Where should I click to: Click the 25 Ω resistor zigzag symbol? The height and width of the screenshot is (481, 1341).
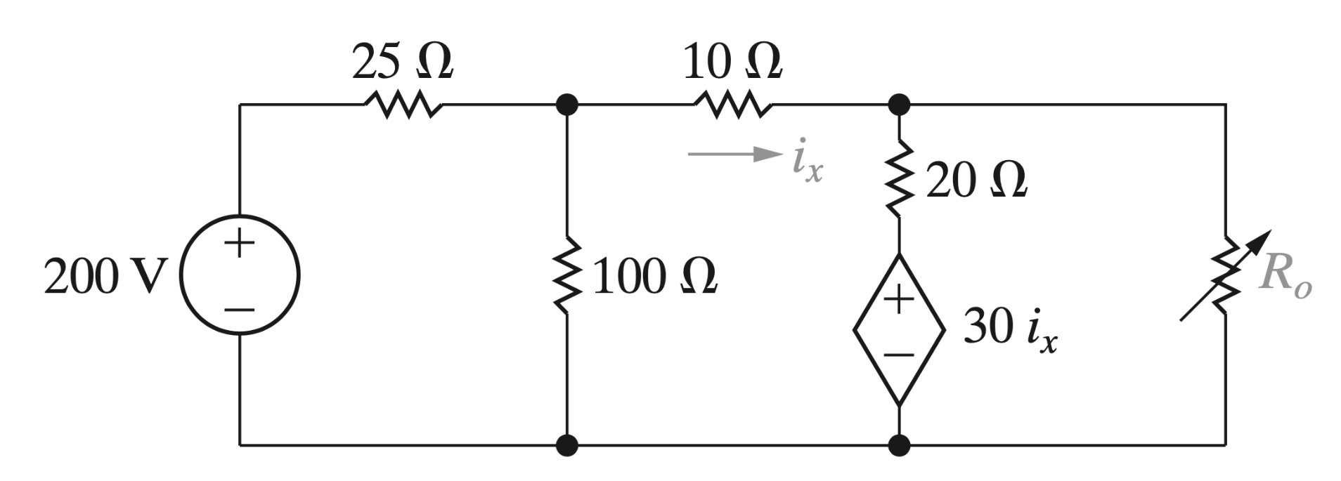pos(403,105)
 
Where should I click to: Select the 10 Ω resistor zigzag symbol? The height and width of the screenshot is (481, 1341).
pos(733,105)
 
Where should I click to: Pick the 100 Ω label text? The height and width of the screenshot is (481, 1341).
pos(654,277)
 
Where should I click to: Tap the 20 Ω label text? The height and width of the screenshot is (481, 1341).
pos(976,181)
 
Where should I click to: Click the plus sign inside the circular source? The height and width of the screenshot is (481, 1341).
pos(240,244)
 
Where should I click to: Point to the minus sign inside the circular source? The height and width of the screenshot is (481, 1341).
pos(240,309)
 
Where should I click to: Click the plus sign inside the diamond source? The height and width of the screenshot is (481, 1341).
pos(899,301)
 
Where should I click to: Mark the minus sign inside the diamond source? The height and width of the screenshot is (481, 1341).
pos(899,355)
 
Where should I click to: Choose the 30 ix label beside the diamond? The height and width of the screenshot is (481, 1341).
pos(1009,328)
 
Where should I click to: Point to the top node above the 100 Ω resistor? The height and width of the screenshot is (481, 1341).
pos(567,105)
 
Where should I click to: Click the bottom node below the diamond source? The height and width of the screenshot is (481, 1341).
pos(899,444)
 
